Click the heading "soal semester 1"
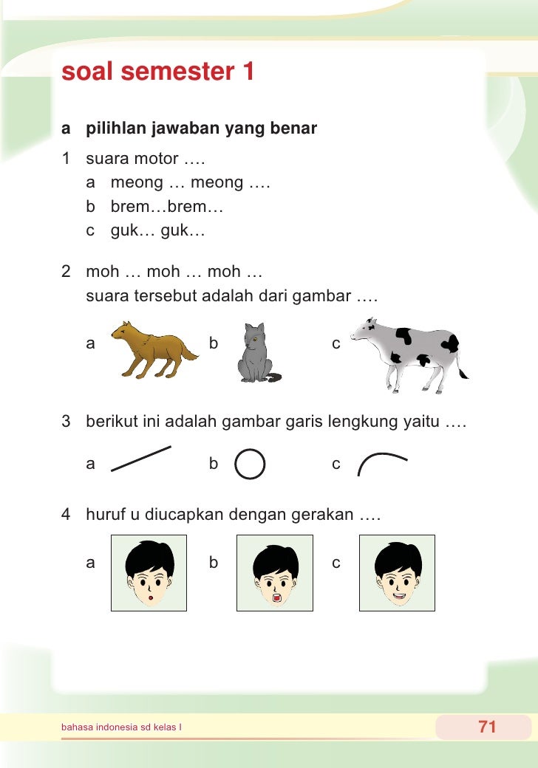[158, 72]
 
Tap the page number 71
[487, 727]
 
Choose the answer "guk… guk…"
[157, 230]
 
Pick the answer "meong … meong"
[190, 182]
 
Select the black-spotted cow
[407, 353]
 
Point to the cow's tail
[463, 366]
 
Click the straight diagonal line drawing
[141, 458]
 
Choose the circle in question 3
[250, 464]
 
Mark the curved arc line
[381, 463]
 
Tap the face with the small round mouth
[149, 573]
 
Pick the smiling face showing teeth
[397, 573]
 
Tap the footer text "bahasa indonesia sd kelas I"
[122, 727]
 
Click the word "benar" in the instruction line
[294, 129]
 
